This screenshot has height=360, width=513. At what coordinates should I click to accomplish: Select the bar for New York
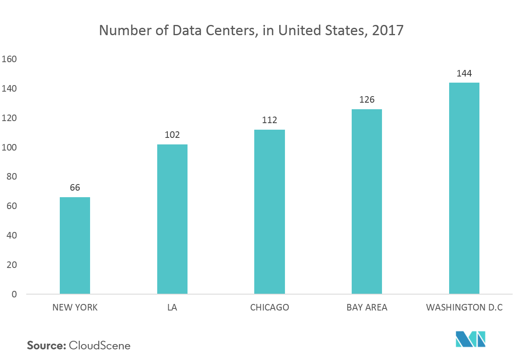(75, 245)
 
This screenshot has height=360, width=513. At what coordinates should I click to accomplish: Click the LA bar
(172, 219)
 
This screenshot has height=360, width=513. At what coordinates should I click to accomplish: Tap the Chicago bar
(269, 211)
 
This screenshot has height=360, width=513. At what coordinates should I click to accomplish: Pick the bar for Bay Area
(367, 201)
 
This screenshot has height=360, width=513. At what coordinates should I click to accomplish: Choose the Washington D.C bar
(464, 188)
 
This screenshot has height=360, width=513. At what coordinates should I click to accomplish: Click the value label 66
(75, 188)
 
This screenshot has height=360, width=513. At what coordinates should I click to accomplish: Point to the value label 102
(172, 135)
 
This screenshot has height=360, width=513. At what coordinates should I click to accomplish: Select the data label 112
(269, 120)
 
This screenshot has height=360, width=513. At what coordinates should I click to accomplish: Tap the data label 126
(367, 100)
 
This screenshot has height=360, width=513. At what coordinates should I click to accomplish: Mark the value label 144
(464, 74)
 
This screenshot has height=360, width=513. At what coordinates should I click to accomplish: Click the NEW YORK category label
(75, 308)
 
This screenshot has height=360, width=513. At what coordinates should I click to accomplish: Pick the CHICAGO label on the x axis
(269, 308)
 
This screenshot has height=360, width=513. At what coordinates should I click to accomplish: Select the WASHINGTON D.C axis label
(464, 308)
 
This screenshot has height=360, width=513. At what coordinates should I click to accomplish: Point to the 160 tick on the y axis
(9, 59)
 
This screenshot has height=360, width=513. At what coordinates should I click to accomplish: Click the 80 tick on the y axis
(11, 177)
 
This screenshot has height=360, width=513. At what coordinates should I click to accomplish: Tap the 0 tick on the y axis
(14, 295)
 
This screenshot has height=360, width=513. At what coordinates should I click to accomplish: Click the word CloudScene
(100, 346)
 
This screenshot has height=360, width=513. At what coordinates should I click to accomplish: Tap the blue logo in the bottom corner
(471, 339)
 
